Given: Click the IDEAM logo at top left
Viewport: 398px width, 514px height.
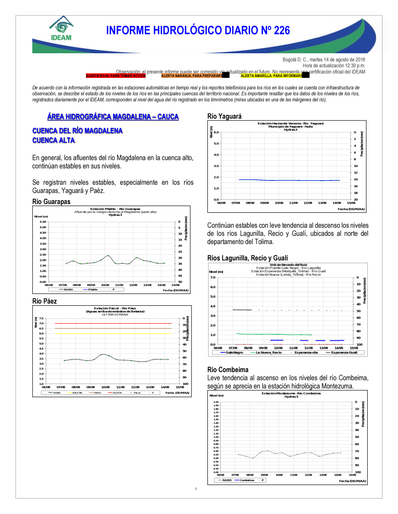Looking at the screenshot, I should point(61,29).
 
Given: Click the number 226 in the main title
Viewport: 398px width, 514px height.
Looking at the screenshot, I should point(282,31).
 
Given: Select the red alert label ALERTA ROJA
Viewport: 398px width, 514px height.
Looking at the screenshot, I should point(115,76).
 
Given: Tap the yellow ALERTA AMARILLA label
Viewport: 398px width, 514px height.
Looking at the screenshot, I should point(271,76).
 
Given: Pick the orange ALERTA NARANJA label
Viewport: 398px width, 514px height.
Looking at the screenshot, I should point(192,76).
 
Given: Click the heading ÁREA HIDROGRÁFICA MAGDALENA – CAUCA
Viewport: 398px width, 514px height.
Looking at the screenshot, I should point(113,116).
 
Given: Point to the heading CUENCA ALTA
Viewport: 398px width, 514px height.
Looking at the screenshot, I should point(53,140).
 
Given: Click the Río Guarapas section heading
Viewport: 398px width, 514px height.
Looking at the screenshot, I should point(51,202).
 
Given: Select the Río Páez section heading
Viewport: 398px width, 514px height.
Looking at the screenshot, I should point(45,301).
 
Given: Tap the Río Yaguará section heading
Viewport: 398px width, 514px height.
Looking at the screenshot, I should point(224,116).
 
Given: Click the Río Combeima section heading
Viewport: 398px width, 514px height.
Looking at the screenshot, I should point(228,370).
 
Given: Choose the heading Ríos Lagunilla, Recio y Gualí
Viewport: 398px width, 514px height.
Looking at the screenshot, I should point(248,258).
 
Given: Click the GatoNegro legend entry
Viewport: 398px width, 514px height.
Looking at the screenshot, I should point(234,353).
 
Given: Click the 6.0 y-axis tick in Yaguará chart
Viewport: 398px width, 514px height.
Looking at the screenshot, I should point(216,132).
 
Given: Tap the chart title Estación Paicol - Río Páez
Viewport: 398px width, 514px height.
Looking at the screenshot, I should point(115,308).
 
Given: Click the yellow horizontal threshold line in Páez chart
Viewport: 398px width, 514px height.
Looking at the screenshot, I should point(113,333).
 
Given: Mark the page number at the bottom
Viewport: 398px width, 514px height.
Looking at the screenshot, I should point(196,489).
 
